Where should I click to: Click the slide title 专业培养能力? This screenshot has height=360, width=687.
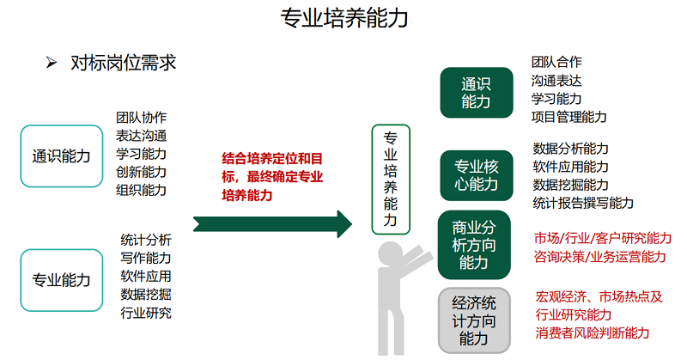pos(344,18)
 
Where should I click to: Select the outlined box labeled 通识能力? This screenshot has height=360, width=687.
pos(62,156)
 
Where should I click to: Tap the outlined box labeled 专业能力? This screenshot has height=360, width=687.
pos(62,280)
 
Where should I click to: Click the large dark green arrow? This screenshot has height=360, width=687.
pos(272,224)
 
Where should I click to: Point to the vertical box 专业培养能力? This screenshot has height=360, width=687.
pos(391,180)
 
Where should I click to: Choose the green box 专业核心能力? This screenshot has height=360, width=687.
pos(477,175)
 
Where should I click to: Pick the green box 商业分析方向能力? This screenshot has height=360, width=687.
pos(474,245)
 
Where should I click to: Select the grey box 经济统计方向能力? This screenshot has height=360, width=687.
pos(474,320)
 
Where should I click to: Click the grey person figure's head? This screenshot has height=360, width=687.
pos(390,253)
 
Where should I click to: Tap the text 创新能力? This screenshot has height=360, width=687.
pos(141,172)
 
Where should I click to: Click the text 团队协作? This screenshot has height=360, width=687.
pos(141,118)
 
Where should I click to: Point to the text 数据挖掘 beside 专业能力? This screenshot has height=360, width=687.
pos(146,294)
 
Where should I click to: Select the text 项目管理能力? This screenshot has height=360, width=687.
pos(568,117)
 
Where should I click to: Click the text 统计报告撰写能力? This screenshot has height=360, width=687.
pos(583,203)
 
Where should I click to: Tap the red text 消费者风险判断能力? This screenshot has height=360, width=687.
pos(593,333)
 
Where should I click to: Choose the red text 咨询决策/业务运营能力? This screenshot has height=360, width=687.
pos(599,257)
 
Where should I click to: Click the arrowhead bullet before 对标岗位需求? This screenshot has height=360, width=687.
pos(52,63)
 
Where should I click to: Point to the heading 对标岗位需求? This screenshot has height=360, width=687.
pos(123,63)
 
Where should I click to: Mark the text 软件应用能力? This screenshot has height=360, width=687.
pos(570,167)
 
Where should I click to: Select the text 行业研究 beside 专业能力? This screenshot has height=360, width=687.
pos(146,313)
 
